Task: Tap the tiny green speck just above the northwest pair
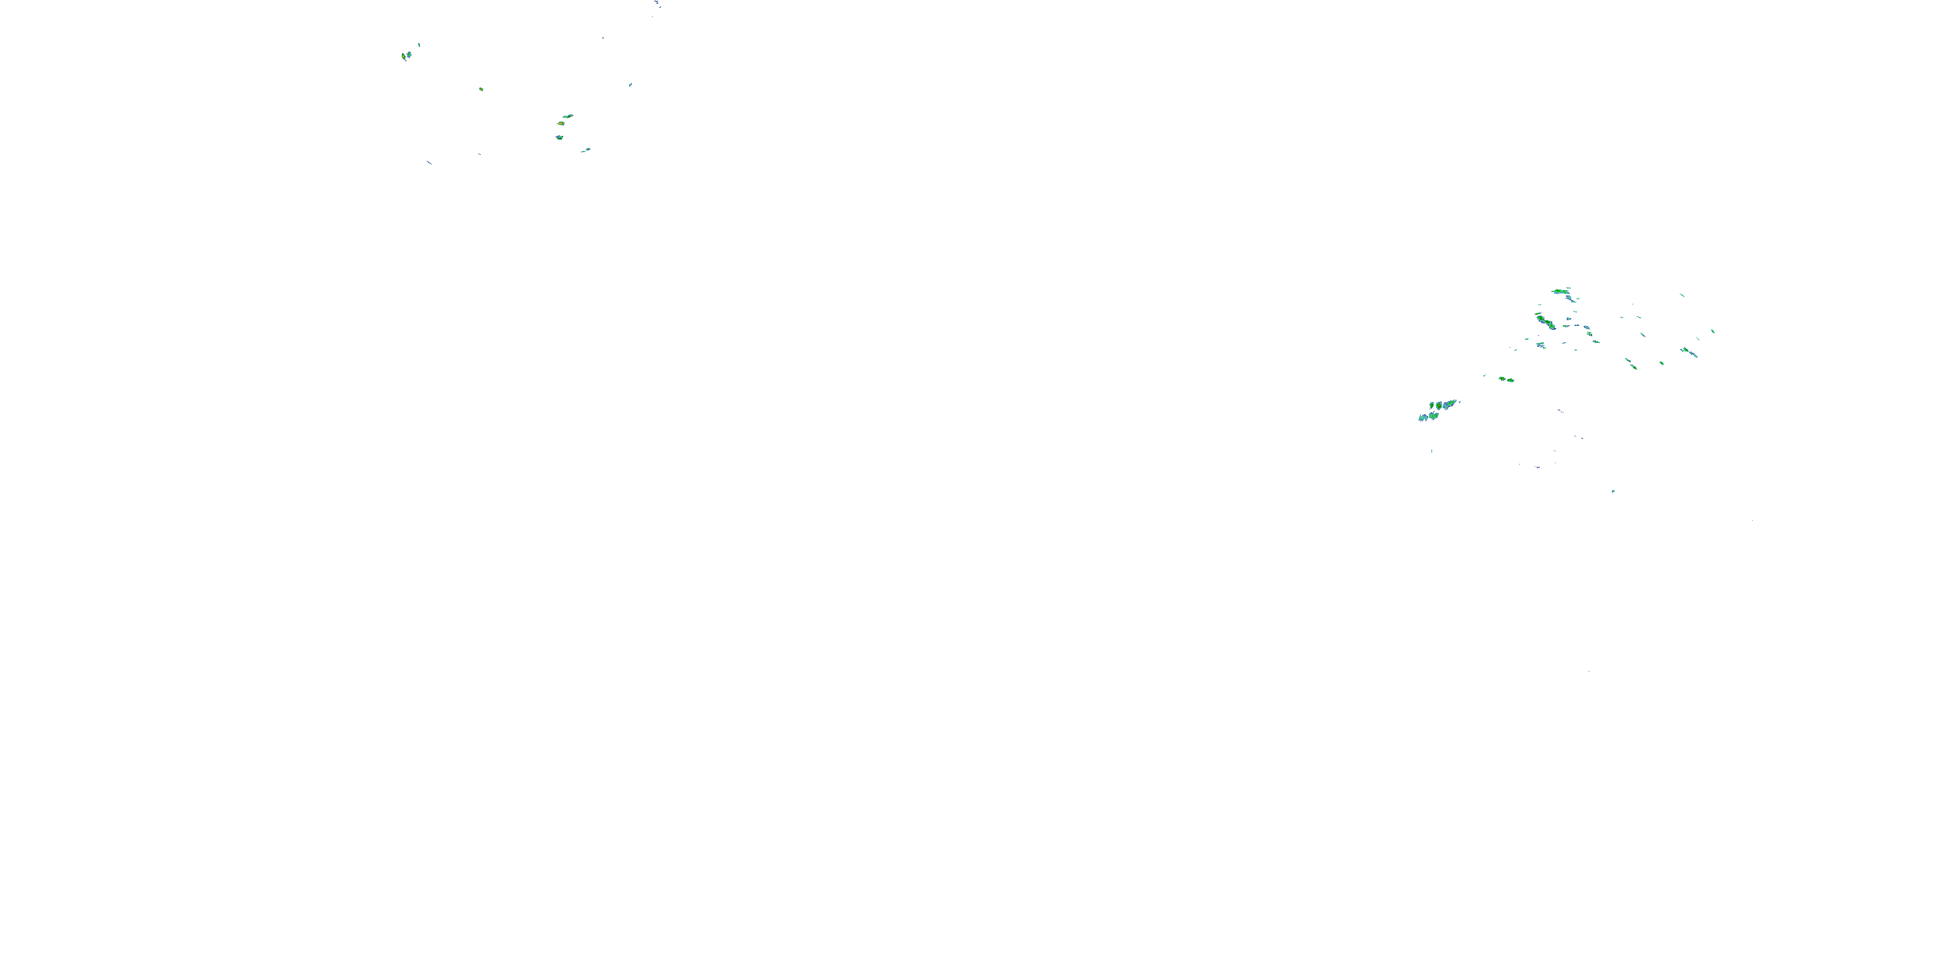click(419, 45)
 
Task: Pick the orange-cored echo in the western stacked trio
click(561, 123)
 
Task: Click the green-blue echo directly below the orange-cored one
click(559, 138)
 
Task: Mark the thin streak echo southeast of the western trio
click(585, 150)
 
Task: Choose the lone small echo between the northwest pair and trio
click(481, 89)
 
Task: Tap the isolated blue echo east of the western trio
click(630, 85)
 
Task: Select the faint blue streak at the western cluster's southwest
click(429, 162)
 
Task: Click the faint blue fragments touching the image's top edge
click(657, 4)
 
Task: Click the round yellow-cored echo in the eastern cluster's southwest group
click(1432, 406)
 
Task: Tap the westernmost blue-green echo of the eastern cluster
click(1422, 417)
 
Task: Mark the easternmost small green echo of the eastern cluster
click(1713, 331)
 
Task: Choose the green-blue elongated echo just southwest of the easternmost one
click(1688, 351)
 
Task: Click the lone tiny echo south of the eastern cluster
click(1612, 491)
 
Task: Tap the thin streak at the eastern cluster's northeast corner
click(1682, 295)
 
